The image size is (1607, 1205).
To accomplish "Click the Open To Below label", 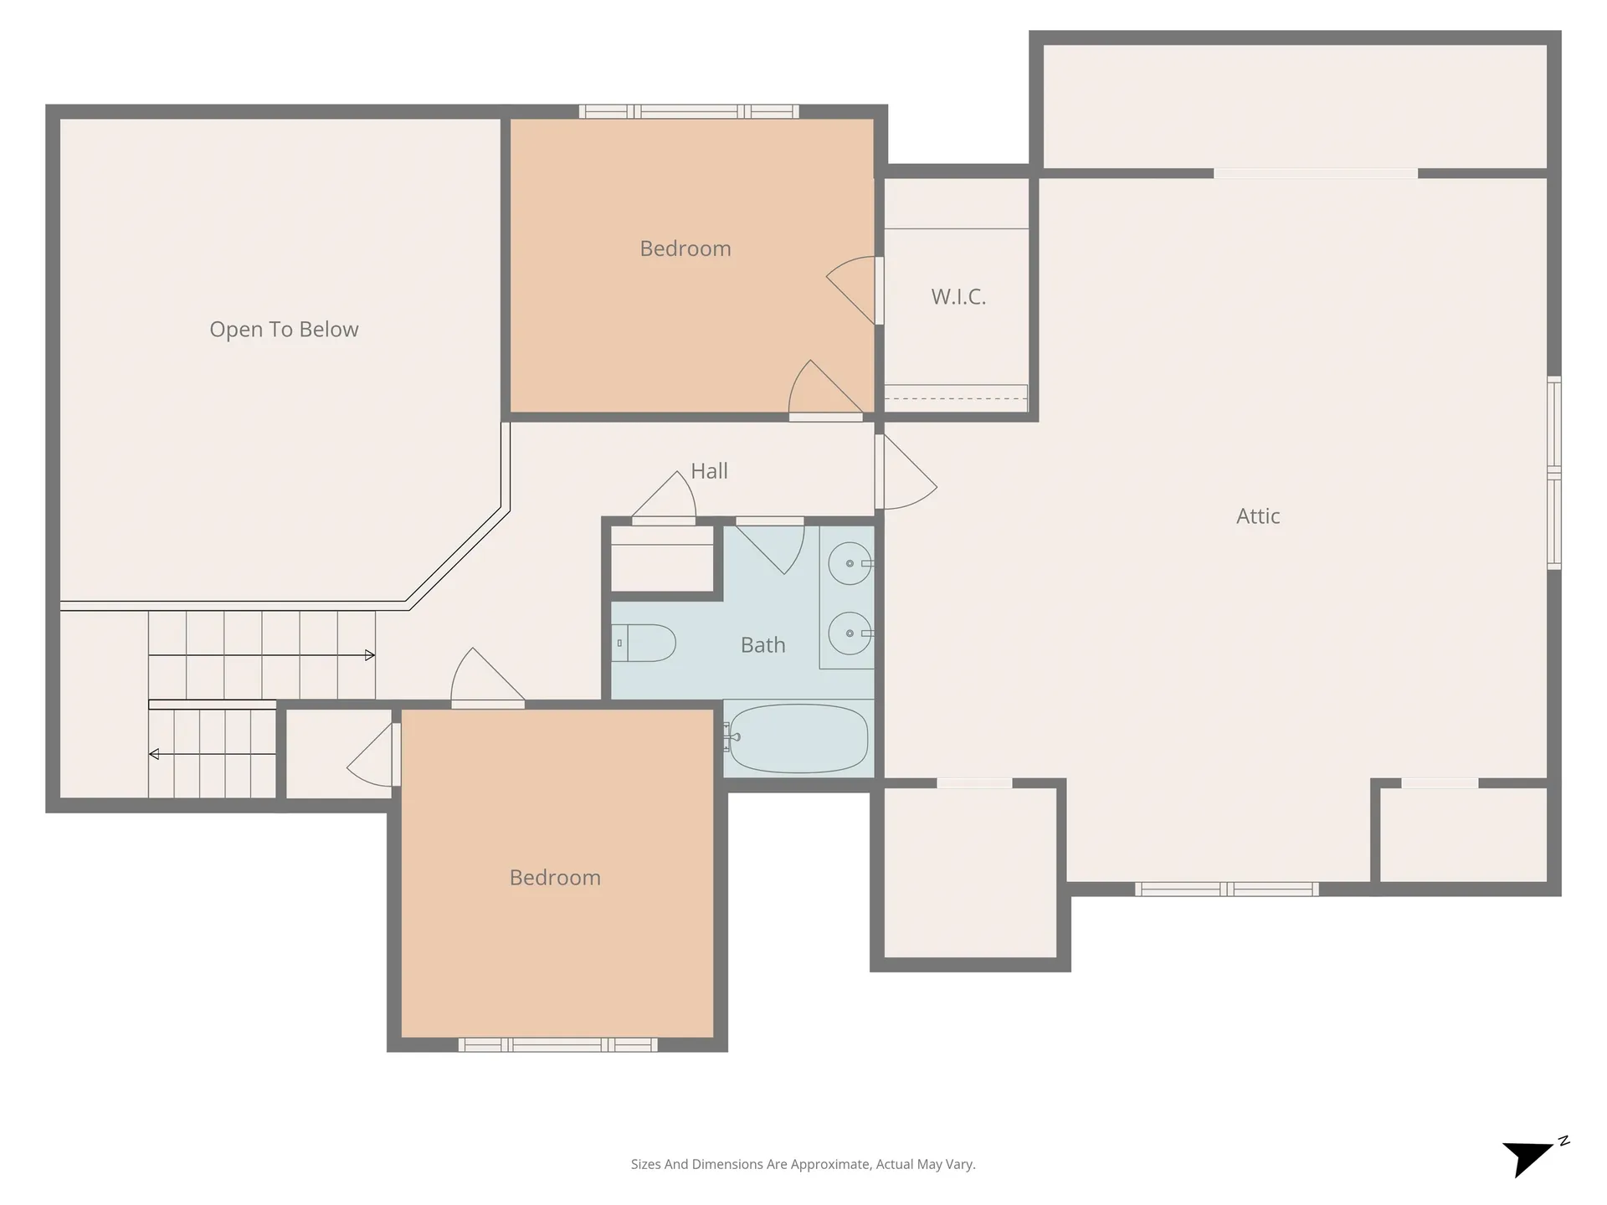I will (284, 330).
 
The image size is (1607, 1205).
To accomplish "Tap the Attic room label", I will (1257, 516).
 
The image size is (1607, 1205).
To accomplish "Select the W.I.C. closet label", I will (958, 297).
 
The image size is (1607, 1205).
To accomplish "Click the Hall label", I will (709, 471).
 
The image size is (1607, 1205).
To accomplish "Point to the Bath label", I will (762, 645).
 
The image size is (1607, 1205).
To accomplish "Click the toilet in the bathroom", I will (644, 644).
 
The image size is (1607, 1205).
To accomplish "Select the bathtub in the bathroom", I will (798, 738).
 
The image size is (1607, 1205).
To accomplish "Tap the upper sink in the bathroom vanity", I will (850, 563).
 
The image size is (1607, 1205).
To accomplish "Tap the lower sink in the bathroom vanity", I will (850, 633).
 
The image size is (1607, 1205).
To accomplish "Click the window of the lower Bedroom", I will (557, 1044).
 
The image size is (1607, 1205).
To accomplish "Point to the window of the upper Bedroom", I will (689, 111).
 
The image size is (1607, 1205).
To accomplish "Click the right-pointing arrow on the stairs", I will (369, 655).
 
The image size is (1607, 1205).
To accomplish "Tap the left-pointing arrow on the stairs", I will (154, 754).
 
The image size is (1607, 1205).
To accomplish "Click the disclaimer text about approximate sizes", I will (803, 1164).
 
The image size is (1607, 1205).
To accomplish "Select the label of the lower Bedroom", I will (555, 878).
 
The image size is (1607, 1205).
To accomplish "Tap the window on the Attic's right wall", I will (1553, 473).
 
